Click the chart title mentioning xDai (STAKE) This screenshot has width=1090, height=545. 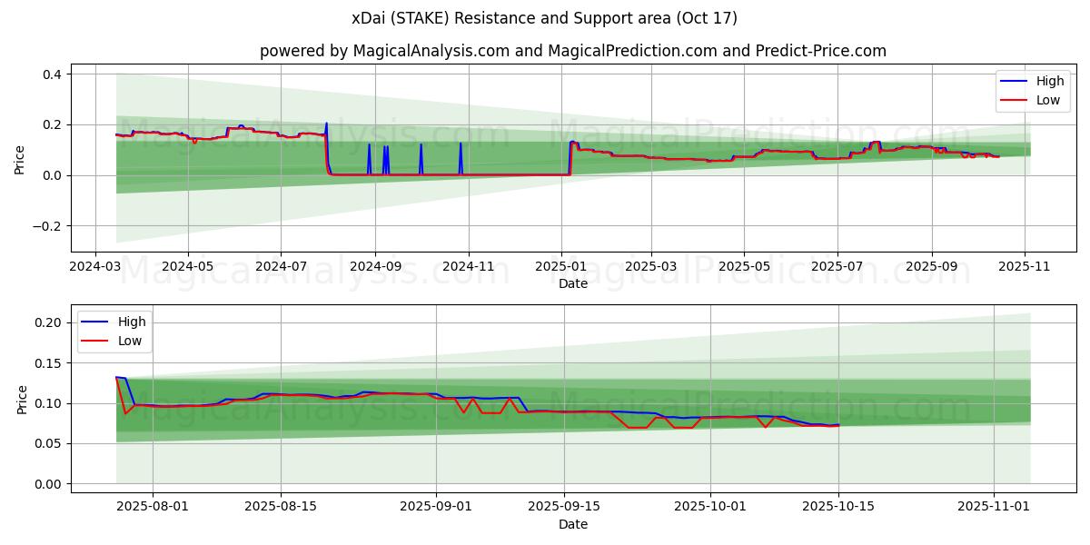point(545,18)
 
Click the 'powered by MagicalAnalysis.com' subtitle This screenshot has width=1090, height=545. point(572,51)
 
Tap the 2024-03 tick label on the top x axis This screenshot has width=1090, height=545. point(96,267)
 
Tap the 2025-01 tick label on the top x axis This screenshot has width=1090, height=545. point(560,267)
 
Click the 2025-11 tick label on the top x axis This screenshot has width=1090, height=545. point(1025,267)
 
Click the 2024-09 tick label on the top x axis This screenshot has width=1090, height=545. point(375,267)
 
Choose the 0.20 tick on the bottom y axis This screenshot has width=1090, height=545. point(47,322)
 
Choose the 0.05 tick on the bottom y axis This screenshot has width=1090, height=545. point(47,443)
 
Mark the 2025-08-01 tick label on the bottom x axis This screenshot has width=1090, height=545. point(153,507)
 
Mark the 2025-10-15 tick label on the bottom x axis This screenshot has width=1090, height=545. point(838,507)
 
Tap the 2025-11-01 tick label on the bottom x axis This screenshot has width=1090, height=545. point(994,507)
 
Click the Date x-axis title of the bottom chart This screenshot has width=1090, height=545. point(572,524)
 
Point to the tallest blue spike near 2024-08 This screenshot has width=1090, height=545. point(326,124)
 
